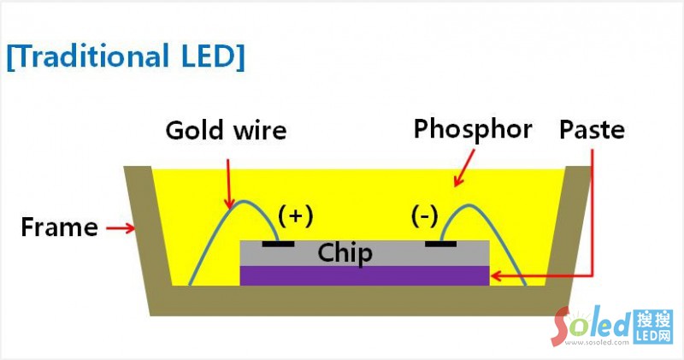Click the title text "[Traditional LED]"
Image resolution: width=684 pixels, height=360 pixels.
click(125, 56)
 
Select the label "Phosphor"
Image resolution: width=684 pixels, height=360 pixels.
click(472, 129)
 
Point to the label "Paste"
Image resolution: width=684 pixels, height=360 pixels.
click(592, 130)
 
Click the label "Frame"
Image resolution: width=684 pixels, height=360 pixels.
click(58, 228)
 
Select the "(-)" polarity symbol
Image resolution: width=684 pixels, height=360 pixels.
click(424, 216)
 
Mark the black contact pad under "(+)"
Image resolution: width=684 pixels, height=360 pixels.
click(278, 244)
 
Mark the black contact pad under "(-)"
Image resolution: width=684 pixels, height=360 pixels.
click(443, 244)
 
